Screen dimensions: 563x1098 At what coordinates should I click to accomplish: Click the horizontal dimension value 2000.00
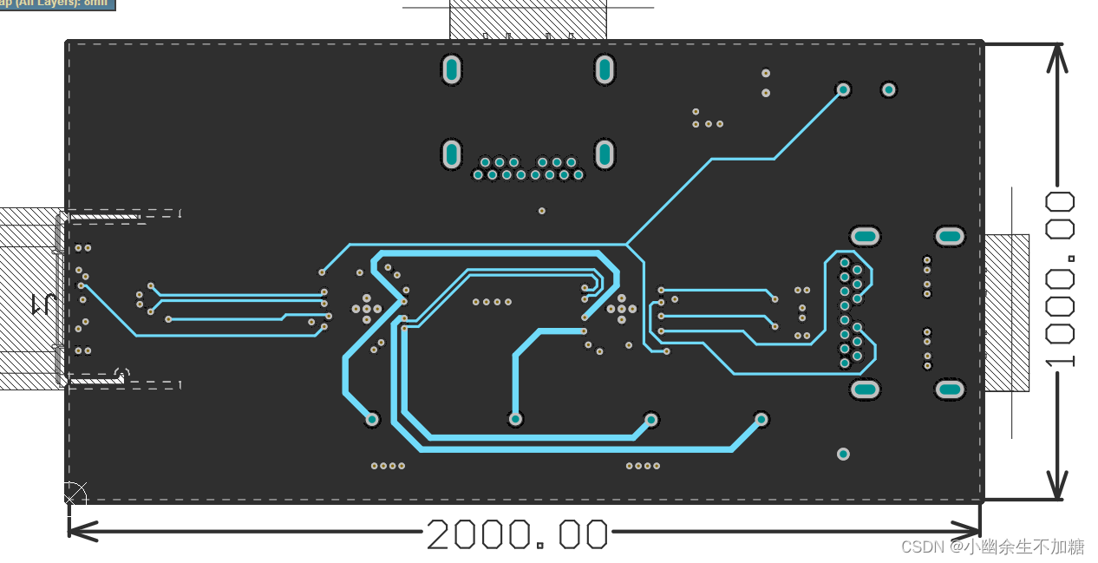point(517,534)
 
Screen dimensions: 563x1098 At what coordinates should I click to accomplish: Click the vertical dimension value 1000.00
point(1060,279)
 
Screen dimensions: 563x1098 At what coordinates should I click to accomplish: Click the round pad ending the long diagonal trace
point(842,89)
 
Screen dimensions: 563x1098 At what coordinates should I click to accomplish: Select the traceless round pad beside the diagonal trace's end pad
point(888,89)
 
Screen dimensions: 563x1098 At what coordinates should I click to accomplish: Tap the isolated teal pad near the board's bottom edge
point(843,454)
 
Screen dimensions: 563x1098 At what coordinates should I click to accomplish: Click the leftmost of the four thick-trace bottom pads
point(372,419)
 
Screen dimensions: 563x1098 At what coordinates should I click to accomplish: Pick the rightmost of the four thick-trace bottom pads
point(761,419)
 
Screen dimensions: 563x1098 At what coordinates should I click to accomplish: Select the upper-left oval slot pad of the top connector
point(451,69)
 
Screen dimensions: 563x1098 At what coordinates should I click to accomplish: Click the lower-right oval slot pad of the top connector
point(605,155)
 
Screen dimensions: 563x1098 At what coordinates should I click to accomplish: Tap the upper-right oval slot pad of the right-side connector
point(950,236)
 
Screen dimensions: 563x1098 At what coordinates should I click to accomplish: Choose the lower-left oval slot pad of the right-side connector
point(865,390)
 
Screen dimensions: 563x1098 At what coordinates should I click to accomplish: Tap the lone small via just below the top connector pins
point(542,211)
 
